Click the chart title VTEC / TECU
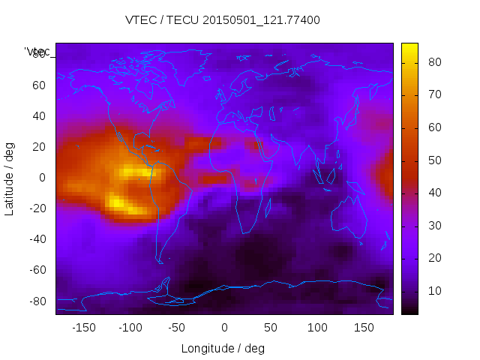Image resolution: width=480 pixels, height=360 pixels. click(222, 20)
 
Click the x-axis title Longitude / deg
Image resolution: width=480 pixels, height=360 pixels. click(223, 348)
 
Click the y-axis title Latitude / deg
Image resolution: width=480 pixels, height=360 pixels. click(10, 178)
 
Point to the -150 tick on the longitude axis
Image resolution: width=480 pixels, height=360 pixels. click(84, 328)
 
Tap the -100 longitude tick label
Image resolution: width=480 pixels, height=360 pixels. click(130, 328)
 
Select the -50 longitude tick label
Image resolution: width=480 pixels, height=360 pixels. click(177, 328)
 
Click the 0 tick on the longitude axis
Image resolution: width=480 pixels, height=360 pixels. click(224, 328)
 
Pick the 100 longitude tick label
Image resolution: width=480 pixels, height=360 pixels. click(317, 328)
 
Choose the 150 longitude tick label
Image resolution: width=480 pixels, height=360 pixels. click(364, 328)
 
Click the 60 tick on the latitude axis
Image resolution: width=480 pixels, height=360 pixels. click(39, 85)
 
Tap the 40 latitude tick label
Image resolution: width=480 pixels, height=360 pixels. click(39, 115)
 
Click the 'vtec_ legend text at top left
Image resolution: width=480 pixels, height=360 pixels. click(37, 52)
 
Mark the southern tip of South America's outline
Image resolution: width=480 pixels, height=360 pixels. click(160, 262)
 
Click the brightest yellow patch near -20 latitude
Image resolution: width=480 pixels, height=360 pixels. click(116, 201)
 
